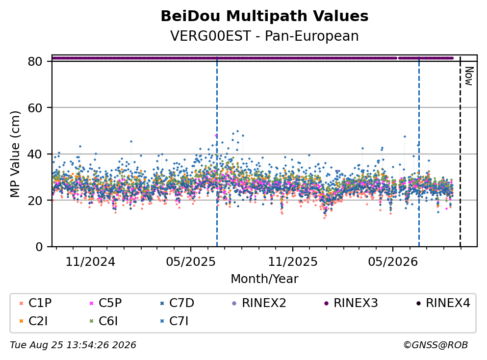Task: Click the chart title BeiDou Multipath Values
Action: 264,16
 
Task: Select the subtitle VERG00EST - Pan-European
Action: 264,36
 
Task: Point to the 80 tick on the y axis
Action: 35,61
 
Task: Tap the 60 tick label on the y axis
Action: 35,108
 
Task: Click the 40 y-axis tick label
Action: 35,154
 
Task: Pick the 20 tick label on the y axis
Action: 35,200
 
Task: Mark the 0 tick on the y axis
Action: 39,247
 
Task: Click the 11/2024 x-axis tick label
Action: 90,262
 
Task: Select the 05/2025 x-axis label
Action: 191,262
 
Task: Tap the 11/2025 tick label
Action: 293,262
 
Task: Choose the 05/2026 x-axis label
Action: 393,262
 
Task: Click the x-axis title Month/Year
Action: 264,279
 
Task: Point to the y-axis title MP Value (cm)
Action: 15,154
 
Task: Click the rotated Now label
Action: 469,76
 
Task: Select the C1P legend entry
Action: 35,303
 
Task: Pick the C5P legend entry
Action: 105,303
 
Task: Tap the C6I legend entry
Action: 103,321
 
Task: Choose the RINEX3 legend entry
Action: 351,303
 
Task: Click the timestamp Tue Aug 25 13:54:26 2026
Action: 73,345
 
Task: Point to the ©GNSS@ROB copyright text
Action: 436,345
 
